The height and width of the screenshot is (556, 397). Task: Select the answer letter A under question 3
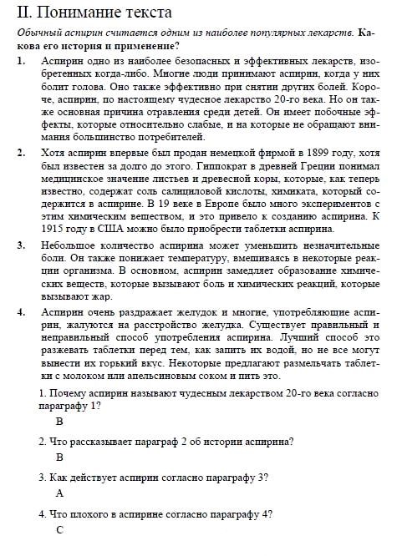[x=59, y=493]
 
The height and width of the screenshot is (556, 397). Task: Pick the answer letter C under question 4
[x=59, y=530]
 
